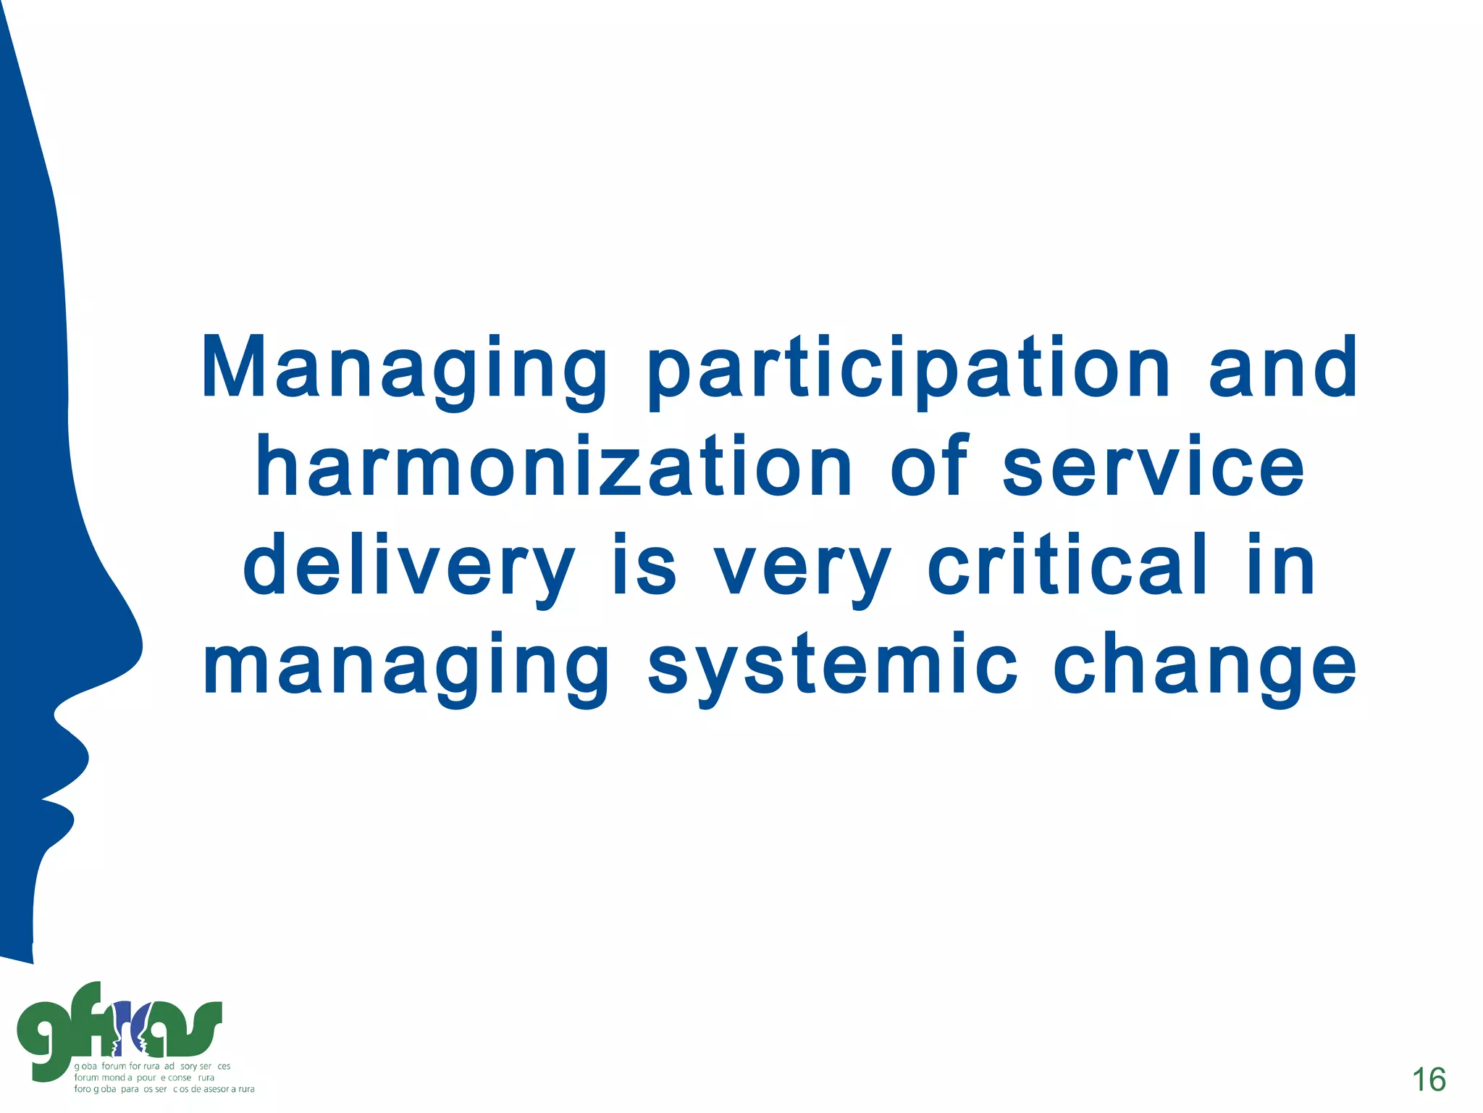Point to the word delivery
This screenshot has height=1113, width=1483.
click(x=408, y=567)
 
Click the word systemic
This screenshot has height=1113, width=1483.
click(x=833, y=665)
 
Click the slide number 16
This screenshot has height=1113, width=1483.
click(x=1429, y=1080)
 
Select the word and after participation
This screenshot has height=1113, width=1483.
click(x=1283, y=370)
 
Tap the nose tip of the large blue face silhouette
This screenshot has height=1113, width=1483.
click(x=138, y=645)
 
